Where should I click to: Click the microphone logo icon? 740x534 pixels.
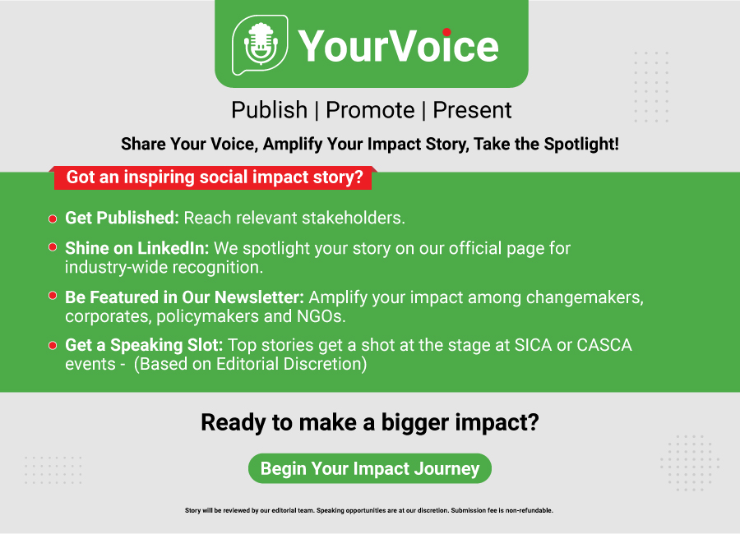coord(260,45)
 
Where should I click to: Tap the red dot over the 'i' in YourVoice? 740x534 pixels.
coord(446,32)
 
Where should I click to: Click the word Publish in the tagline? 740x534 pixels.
coord(269,110)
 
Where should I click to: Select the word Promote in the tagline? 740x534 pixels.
coord(370,110)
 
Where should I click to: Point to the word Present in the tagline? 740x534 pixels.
coord(472,110)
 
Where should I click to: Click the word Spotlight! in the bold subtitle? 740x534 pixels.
coord(581,144)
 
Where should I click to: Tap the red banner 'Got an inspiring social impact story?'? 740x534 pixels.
coord(213,177)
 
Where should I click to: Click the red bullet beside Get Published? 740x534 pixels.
coord(53,219)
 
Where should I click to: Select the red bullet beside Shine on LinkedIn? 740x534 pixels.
coord(53,247)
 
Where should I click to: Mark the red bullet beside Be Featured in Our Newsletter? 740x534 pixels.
coord(53,296)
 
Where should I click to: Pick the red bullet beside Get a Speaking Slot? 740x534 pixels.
coord(53,345)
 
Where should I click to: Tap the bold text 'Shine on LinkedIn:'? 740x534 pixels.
coord(136,248)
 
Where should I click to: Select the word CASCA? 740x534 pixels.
coord(604,345)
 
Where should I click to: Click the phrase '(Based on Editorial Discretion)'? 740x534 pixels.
coord(250,364)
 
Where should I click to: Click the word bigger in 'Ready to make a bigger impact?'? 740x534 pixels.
coord(414,422)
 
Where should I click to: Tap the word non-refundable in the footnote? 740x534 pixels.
coord(529,510)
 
